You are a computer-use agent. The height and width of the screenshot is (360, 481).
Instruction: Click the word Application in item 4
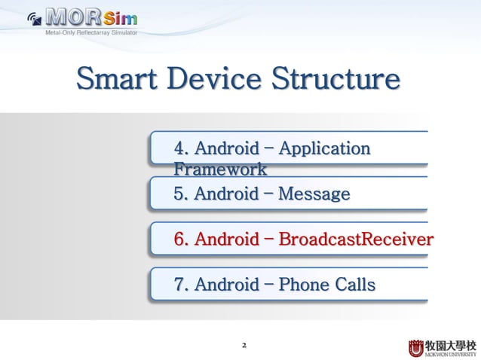(x=324, y=148)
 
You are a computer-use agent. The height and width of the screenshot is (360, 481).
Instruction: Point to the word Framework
(x=219, y=169)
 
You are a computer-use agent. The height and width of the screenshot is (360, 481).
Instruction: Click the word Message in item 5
(x=314, y=194)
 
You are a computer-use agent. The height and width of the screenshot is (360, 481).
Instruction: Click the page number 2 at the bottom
(x=243, y=346)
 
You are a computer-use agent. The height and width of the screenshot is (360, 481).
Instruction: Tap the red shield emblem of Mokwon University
(x=416, y=348)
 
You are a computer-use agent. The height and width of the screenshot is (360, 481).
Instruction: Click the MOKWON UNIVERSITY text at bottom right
(x=451, y=354)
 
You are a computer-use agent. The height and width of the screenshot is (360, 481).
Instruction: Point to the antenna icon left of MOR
(x=34, y=19)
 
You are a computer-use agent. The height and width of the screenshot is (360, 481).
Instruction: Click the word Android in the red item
(x=226, y=240)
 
